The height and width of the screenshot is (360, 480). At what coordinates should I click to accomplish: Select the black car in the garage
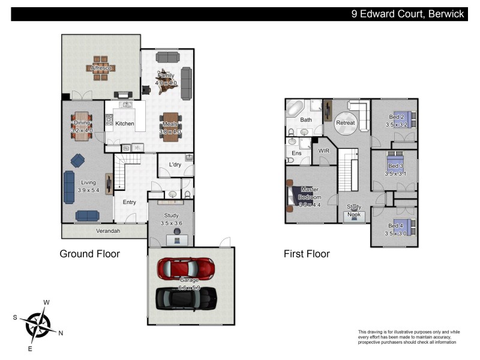186,298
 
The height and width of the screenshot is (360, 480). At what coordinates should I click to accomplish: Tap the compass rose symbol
39,324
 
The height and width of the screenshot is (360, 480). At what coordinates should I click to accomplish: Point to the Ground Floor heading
89,254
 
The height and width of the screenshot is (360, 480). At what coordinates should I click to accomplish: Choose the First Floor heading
307,254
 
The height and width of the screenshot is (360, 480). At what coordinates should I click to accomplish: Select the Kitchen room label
125,124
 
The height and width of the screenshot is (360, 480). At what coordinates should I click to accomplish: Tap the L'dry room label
175,164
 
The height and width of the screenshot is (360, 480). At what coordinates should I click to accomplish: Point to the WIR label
325,151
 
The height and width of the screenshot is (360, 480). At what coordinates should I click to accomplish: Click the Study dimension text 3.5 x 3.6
171,223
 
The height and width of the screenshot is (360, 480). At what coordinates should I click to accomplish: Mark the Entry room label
130,202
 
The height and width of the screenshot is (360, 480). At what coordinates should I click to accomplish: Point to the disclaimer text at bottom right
408,337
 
